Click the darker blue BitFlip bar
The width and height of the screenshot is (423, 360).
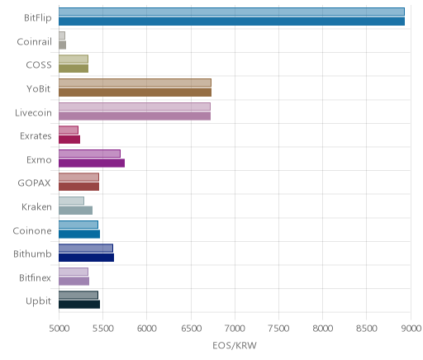click(231, 21)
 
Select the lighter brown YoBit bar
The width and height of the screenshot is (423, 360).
click(135, 83)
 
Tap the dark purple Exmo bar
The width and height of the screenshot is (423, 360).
click(92, 163)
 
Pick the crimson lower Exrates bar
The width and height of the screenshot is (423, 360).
click(69, 140)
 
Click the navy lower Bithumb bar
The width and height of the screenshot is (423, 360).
click(86, 258)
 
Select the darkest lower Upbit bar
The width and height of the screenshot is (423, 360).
click(79, 305)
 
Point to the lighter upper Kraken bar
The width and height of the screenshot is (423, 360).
click(71, 201)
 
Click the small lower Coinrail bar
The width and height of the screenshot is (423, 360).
click(62, 45)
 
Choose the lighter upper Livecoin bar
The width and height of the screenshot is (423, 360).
click(135, 107)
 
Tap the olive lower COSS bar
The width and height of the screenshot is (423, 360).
click(74, 69)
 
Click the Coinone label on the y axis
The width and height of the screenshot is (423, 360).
click(32, 230)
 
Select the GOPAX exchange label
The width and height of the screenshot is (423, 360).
click(34, 183)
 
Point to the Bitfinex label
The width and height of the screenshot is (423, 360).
click(35, 278)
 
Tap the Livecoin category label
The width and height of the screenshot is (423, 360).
click(33, 113)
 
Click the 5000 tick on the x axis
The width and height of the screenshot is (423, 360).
click(59, 329)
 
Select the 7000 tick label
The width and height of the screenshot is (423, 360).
click(235, 329)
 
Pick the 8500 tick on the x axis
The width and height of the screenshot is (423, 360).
click(367, 329)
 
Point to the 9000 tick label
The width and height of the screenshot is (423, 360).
click(411, 329)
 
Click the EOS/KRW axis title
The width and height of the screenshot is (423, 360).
click(235, 345)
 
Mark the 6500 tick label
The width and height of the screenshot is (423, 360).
click(191, 329)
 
